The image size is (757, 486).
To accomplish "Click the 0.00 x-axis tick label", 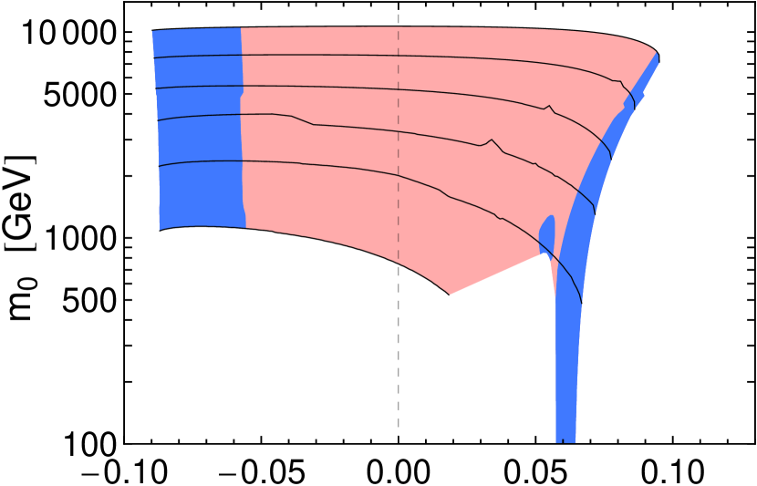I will tap(398, 471).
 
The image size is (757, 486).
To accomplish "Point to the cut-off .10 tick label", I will tap(145, 471).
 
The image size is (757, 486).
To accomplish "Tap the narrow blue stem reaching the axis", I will tap(566, 383).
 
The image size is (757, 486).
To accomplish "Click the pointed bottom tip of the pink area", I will tap(450, 295).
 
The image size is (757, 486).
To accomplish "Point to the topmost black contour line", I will tap(365, 56).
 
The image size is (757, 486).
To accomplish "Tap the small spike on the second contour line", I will tap(547, 108).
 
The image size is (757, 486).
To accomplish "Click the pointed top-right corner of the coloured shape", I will tap(658, 57).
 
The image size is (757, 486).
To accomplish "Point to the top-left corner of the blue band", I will tap(152, 33).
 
